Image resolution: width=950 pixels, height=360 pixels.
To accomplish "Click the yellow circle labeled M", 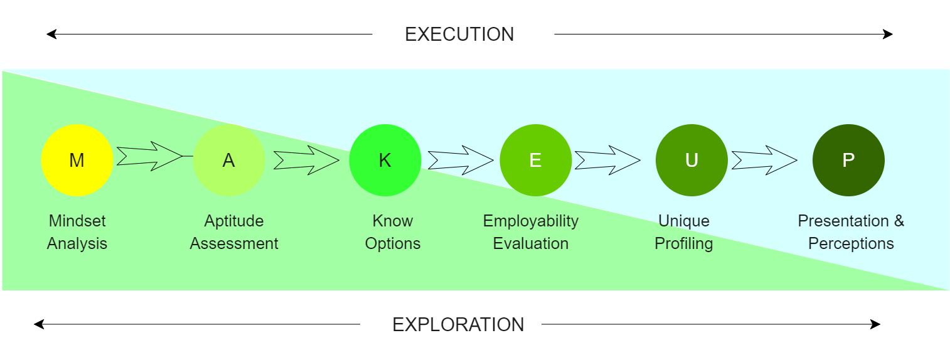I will pyautogui.click(x=77, y=161).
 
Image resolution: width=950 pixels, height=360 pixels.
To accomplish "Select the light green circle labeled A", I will pyautogui.click(x=229, y=161).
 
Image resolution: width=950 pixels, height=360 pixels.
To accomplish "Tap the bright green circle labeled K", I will pyautogui.click(x=385, y=161).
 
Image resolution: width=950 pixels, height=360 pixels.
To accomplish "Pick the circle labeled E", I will pyautogui.click(x=535, y=161).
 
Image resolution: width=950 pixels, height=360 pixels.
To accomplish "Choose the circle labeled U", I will pyautogui.click(x=691, y=161).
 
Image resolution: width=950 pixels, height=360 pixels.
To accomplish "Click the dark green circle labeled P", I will pyautogui.click(x=848, y=161).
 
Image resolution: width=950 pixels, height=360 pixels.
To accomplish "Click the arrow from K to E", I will pyautogui.click(x=461, y=161).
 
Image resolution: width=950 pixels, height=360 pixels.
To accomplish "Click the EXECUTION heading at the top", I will pyautogui.click(x=459, y=34).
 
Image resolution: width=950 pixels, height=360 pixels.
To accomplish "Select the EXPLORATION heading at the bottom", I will pyautogui.click(x=458, y=325).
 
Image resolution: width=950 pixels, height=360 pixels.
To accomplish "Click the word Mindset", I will pyautogui.click(x=77, y=221).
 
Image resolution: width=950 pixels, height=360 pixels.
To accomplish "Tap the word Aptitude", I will pyautogui.click(x=234, y=221).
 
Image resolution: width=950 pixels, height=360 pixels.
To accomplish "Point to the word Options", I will pyautogui.click(x=393, y=243).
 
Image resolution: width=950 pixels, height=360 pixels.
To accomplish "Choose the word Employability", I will pyautogui.click(x=531, y=221).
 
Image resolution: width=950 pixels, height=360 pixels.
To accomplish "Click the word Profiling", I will pyautogui.click(x=684, y=243).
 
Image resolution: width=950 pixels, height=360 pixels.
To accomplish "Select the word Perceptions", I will pyautogui.click(x=851, y=243).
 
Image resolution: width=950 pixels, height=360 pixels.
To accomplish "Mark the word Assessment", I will pyautogui.click(x=234, y=243).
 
